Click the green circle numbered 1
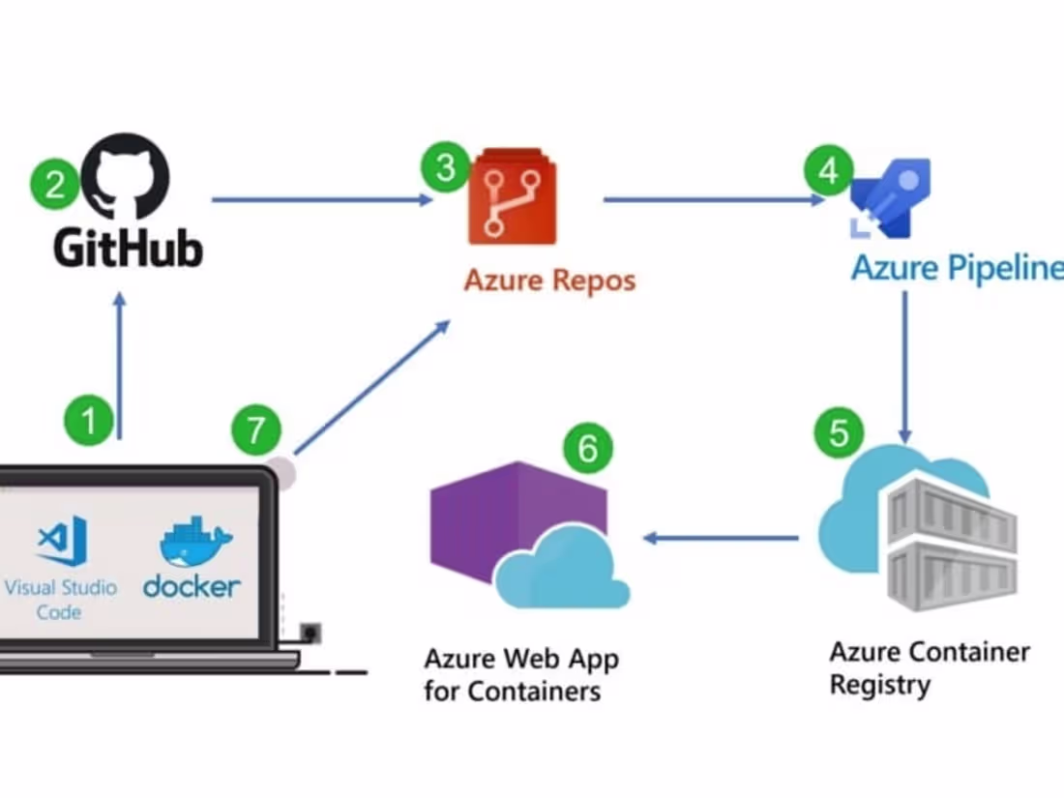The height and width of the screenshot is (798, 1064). (89, 422)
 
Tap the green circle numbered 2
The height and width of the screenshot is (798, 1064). (54, 185)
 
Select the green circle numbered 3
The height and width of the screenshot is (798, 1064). (445, 167)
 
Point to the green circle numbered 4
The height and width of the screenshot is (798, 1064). (829, 171)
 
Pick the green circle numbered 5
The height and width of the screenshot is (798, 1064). (840, 432)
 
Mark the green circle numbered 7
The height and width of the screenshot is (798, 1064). (256, 429)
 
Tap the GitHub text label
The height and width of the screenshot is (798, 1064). (128, 248)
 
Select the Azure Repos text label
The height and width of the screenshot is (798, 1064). (549, 281)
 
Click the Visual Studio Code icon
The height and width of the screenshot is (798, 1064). (62, 542)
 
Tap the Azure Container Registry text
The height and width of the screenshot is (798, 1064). (929, 667)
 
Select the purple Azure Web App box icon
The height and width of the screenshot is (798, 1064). (517, 527)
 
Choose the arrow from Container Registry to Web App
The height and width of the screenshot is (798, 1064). (721, 537)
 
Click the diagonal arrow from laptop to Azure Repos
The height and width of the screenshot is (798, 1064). (372, 388)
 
